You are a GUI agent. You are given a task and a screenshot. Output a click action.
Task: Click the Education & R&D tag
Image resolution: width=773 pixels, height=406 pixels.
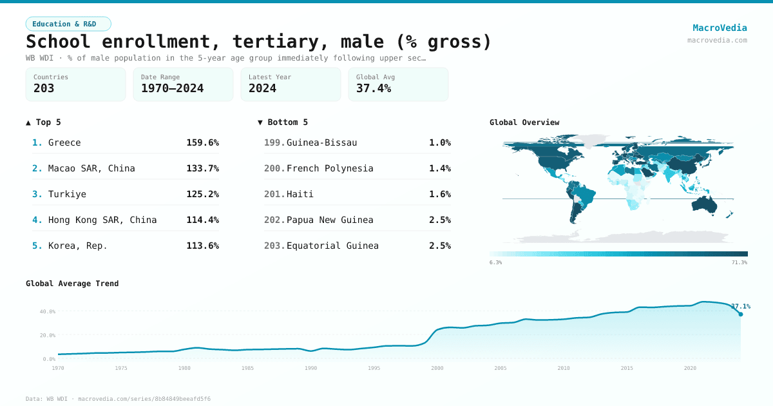(68, 24)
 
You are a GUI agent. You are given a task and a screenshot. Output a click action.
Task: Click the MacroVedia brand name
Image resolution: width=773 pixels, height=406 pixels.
(720, 28)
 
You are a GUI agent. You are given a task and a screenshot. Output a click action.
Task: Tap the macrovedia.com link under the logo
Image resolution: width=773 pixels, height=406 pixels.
(717, 40)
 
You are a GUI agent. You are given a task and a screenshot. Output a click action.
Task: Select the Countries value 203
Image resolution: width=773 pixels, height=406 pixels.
(44, 88)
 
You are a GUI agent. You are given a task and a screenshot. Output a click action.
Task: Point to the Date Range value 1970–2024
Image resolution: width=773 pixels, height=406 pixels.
(172, 88)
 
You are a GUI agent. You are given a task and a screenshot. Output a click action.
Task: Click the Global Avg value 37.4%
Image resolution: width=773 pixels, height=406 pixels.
(374, 88)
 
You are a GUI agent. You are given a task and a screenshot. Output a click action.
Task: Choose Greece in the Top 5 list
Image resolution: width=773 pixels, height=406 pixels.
(64, 142)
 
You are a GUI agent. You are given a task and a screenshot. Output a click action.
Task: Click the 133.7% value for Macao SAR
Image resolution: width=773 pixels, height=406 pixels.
(202, 168)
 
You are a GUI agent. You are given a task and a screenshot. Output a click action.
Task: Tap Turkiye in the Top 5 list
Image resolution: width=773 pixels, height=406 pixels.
(67, 194)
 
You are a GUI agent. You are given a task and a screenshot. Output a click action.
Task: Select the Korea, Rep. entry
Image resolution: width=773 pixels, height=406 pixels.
(78, 246)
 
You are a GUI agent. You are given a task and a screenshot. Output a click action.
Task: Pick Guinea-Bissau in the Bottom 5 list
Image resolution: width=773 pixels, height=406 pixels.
(321, 142)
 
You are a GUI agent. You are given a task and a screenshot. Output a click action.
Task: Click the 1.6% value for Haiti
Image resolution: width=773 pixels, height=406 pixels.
(439, 194)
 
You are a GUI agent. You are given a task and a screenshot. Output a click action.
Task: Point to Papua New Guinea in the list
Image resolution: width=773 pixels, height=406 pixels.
(330, 220)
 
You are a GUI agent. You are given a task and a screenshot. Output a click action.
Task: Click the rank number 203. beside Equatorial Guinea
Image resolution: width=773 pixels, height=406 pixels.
(274, 246)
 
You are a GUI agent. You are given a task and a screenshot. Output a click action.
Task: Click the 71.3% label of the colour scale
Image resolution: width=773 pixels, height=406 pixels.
(739, 262)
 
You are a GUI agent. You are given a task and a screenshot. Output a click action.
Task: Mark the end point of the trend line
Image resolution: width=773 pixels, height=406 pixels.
(740, 314)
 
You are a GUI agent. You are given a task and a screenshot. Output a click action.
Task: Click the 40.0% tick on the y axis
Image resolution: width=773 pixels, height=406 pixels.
(48, 311)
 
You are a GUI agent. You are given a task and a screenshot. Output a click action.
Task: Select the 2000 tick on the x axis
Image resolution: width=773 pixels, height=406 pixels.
(437, 368)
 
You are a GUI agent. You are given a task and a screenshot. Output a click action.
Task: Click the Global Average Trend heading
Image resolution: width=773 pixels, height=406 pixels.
(72, 284)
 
